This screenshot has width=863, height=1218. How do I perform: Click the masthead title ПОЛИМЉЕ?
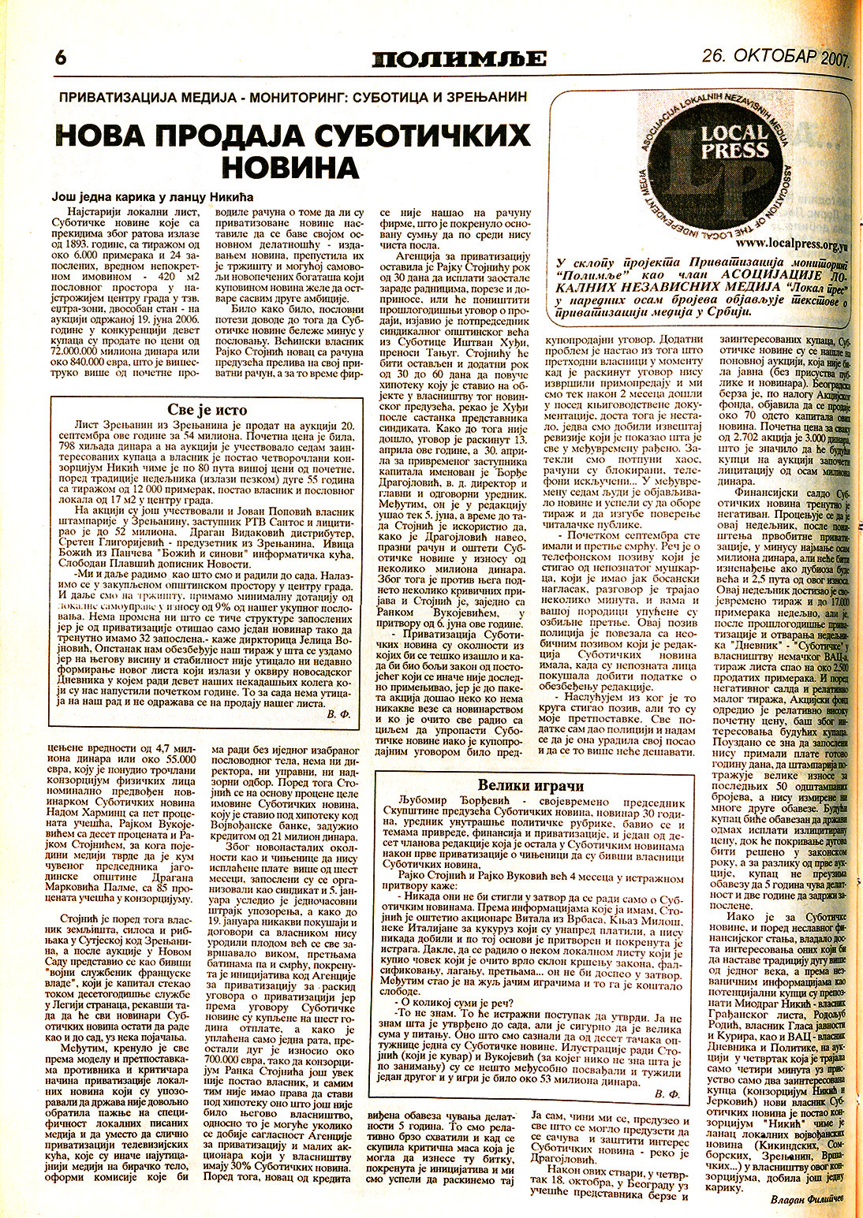[459, 59]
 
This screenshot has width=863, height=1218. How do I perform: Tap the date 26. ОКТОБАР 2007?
[773, 57]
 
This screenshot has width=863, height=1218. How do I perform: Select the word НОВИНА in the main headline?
[293, 167]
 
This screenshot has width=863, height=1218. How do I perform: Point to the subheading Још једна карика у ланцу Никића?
[154, 197]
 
